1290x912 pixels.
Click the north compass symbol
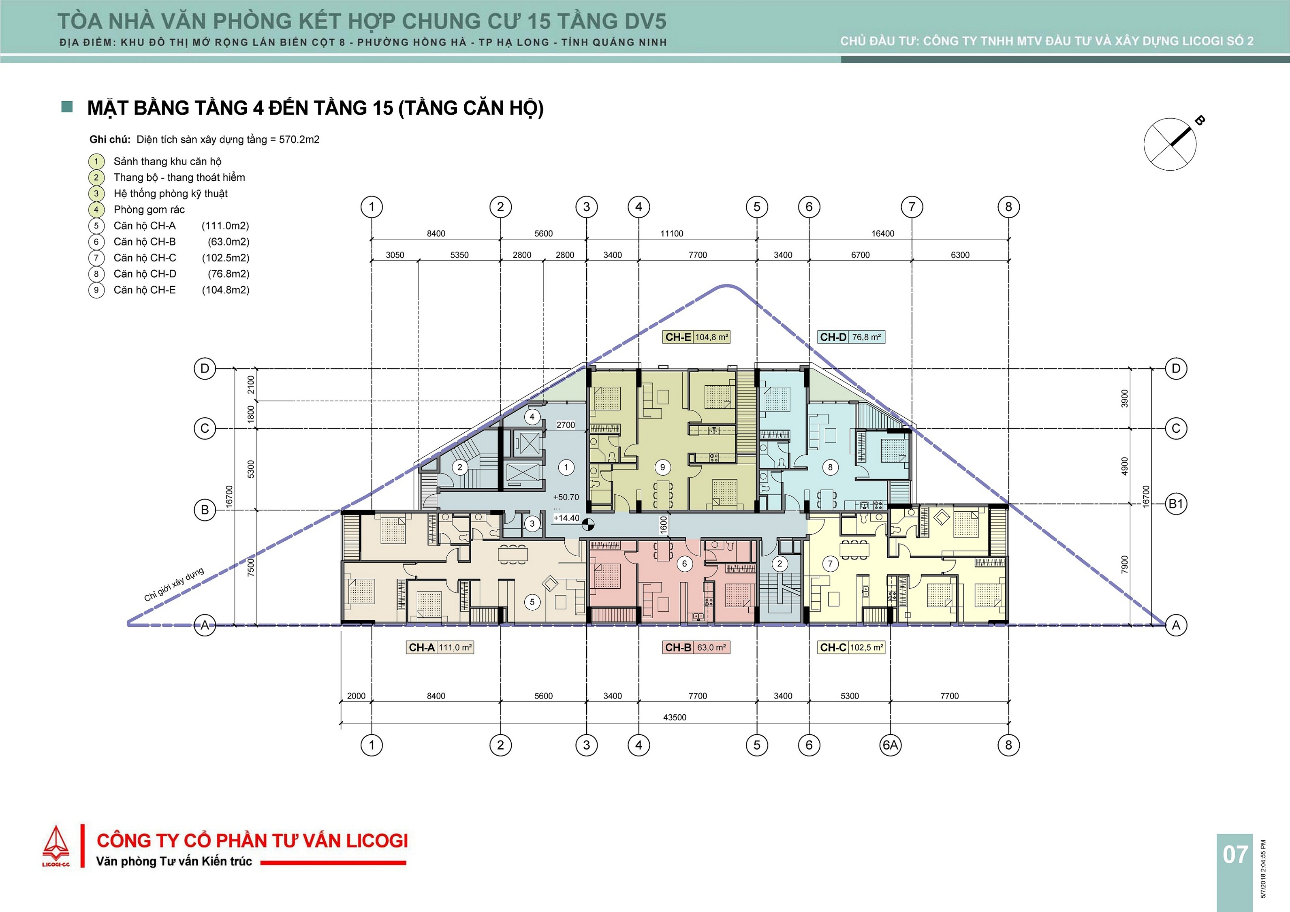1171,144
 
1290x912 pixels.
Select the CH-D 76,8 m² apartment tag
851,337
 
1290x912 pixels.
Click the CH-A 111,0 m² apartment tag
440,647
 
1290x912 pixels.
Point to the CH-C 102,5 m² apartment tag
851,647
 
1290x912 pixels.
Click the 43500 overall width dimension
674,718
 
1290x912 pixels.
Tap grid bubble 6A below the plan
891,745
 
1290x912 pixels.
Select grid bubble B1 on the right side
1176,504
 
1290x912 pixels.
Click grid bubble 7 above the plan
912,207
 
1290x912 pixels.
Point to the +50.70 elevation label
566,497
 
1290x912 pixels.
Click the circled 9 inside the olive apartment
662,467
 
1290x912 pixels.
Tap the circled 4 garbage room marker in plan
532,417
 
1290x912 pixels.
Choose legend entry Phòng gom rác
149,209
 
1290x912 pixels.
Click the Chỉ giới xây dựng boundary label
174,584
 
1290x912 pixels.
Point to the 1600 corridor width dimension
664,525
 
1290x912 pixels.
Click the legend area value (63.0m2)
228,241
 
